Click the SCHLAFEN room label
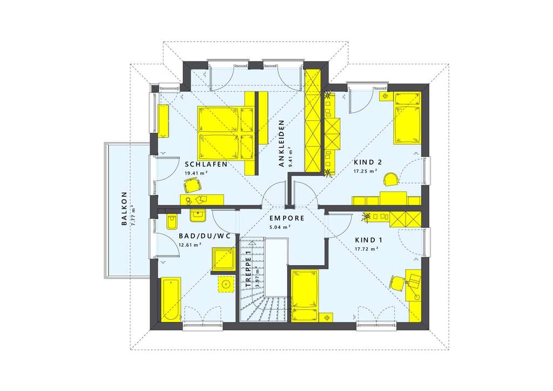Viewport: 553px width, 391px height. tap(205, 164)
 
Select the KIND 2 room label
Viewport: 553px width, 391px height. tap(368, 162)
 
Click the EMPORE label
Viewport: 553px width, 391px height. tap(287, 218)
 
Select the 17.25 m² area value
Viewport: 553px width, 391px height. tap(365, 171)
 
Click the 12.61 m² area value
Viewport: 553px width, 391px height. tap(190, 245)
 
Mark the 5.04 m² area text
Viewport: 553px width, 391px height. tap(280, 227)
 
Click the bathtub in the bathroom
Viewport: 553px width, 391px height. tap(172, 300)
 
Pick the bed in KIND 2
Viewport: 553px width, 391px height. tap(408, 118)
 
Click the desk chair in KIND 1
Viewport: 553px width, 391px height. tap(397, 282)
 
